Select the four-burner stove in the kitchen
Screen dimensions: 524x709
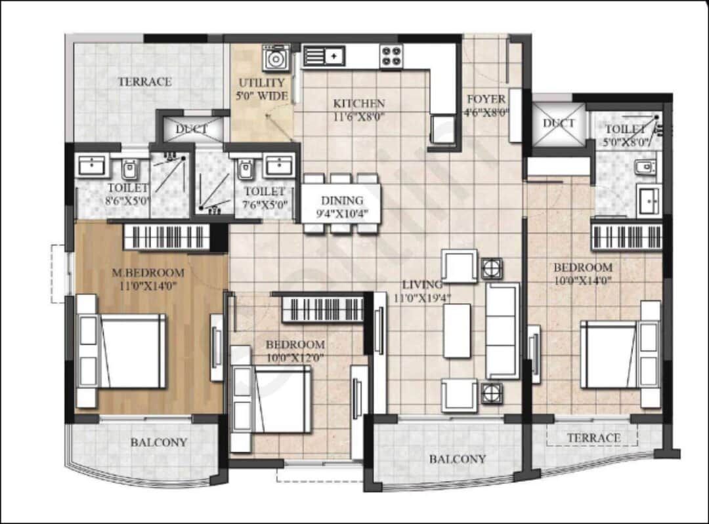click(391, 56)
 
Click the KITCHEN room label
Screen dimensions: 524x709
click(358, 104)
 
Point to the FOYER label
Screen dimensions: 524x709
click(486, 100)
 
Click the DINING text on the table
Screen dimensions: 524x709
click(341, 201)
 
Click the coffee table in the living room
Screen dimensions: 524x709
click(457, 331)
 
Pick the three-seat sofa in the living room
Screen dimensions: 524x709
click(502, 331)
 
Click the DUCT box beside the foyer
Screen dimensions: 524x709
click(559, 123)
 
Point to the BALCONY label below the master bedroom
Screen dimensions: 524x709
click(158, 442)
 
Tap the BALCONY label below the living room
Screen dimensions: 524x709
click(458, 459)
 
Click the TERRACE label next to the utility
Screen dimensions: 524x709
click(144, 82)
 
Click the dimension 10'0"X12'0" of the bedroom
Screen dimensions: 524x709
click(295, 357)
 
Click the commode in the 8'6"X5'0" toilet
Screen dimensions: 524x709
click(129, 169)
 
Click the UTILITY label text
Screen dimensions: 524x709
click(261, 83)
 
